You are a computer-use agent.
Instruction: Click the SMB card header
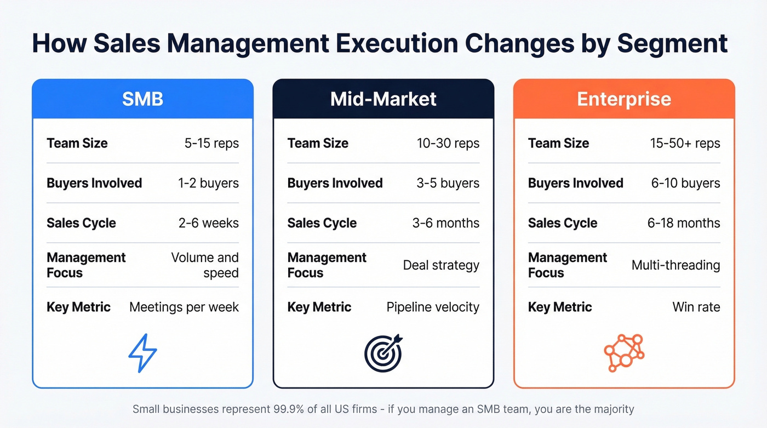142,99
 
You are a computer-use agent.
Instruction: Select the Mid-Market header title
383,99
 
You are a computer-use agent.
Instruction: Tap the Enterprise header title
624,99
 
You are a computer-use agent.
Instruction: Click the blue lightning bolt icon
142,354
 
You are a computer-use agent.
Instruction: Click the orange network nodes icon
624,353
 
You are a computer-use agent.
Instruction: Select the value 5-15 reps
211,144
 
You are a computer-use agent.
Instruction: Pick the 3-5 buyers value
448,183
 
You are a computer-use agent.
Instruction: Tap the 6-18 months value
684,223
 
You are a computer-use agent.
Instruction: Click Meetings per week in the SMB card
184,307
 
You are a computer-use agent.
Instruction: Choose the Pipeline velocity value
433,307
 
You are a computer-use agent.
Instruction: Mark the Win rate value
696,307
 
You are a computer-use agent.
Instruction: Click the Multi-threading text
676,265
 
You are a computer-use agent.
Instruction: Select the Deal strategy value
441,265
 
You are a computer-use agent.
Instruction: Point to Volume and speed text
205,265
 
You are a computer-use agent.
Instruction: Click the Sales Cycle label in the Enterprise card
563,223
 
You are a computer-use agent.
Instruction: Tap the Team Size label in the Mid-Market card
318,144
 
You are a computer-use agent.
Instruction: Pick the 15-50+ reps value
685,144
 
